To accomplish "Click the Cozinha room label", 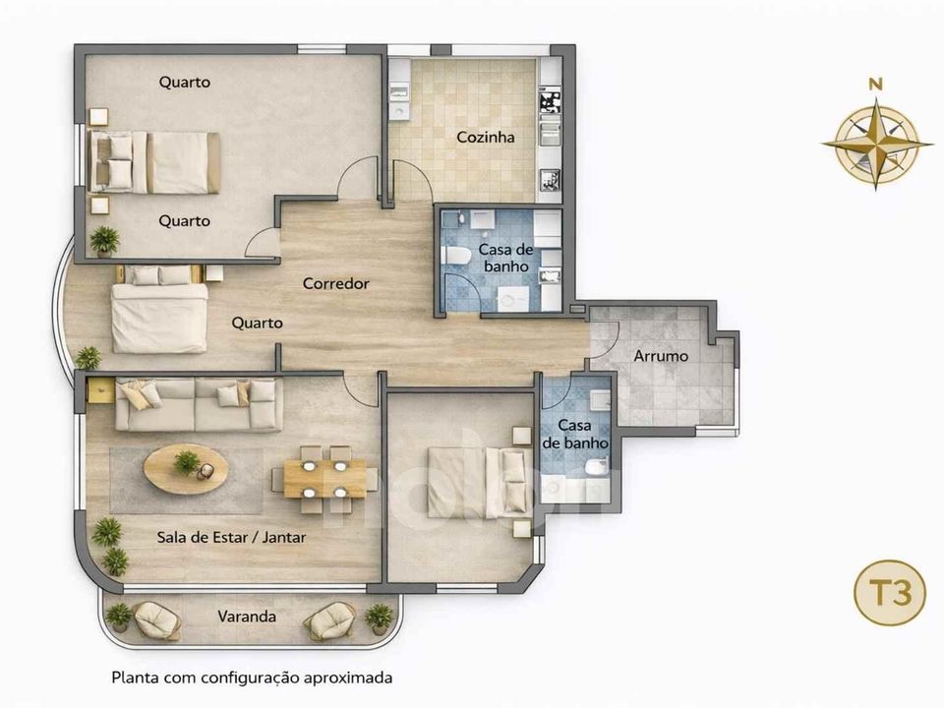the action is pyautogui.click(x=485, y=138).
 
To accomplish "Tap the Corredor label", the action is pyautogui.click(x=336, y=283).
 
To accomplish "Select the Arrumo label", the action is pyautogui.click(x=661, y=356).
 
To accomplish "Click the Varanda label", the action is pyautogui.click(x=247, y=617).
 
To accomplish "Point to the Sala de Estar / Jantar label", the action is pyautogui.click(x=231, y=537).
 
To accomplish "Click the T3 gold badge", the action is pyautogui.click(x=890, y=593).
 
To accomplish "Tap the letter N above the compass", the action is pyautogui.click(x=876, y=85).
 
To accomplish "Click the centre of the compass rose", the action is pyautogui.click(x=877, y=144).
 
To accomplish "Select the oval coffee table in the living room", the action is pyautogui.click(x=186, y=469).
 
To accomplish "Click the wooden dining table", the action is pyautogui.click(x=324, y=479).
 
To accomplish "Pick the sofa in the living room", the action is pyautogui.click(x=199, y=404).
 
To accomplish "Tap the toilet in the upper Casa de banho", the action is pyautogui.click(x=455, y=256).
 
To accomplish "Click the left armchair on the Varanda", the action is pyautogui.click(x=156, y=620).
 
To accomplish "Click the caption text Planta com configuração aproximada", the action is pyautogui.click(x=252, y=678).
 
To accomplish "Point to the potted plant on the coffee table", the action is pyautogui.click(x=187, y=463).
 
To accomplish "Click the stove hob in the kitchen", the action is pyautogui.click(x=549, y=100).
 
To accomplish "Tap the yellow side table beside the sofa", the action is pyautogui.click(x=100, y=390).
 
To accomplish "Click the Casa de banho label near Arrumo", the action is pyautogui.click(x=575, y=435).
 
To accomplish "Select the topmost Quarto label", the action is pyautogui.click(x=184, y=82).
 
